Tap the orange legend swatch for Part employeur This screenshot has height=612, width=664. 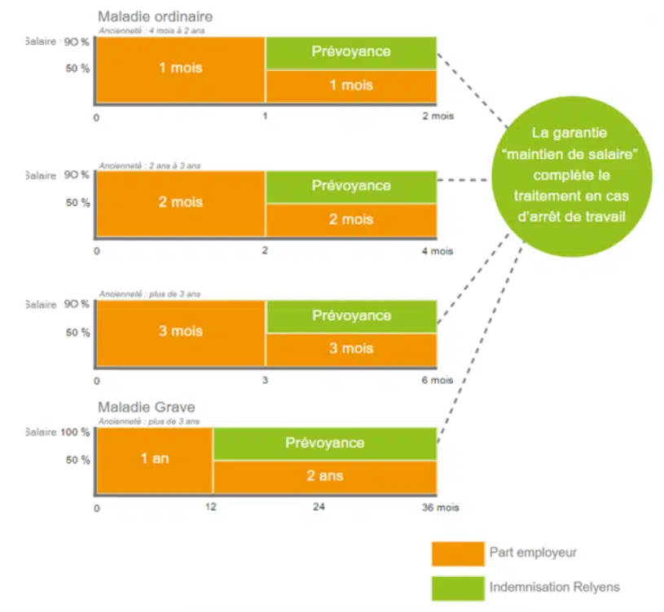tap(457, 553)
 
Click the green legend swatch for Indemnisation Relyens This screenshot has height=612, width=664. tap(457, 588)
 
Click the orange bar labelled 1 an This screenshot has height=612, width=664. tap(155, 460)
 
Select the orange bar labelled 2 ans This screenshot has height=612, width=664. tap(324, 477)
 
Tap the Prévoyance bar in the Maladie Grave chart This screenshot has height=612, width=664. tap(324, 443)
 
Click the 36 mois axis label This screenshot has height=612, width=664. tap(441, 508)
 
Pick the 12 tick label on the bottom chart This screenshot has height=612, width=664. tap(213, 508)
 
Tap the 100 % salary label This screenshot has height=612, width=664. tap(75, 432)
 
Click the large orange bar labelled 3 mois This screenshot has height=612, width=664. tap(181, 332)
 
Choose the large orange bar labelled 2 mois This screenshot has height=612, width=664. tap(181, 202)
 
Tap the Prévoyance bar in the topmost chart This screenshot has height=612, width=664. tap(351, 51)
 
